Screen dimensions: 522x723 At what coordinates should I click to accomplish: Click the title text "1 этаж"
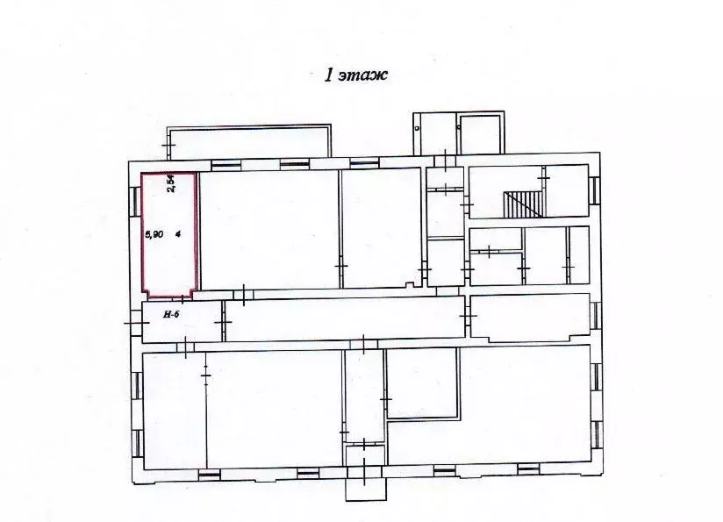356,75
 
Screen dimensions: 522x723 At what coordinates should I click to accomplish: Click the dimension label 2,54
172,184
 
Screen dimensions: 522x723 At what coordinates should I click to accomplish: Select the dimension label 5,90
153,234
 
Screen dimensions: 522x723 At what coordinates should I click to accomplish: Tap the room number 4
178,234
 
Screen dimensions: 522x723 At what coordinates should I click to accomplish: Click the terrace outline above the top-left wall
250,143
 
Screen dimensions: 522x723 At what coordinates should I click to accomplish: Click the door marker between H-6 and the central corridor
224,324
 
